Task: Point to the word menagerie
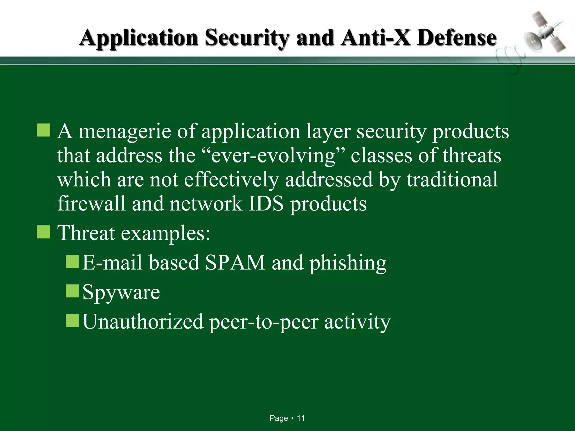pyautogui.click(x=125, y=132)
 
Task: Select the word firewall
pyautogui.click(x=92, y=203)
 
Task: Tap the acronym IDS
pyautogui.click(x=266, y=203)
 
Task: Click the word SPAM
pyautogui.click(x=235, y=263)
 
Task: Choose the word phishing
pyautogui.click(x=348, y=264)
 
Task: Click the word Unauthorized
pyautogui.click(x=143, y=322)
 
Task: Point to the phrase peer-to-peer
pyautogui.click(x=264, y=323)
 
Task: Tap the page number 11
pyautogui.click(x=301, y=418)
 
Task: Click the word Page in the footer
pyautogui.click(x=279, y=418)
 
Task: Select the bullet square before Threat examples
pyautogui.click(x=44, y=232)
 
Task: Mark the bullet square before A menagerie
pyautogui.click(x=44, y=130)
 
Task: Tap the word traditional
pyautogui.click(x=452, y=180)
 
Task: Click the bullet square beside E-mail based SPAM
pyautogui.click(x=72, y=261)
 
